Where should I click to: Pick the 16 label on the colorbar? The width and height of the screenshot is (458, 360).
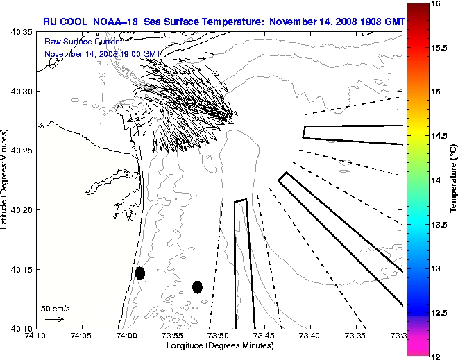pyautogui.click(x=437, y=4)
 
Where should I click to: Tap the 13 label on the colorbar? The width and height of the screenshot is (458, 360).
pyautogui.click(x=437, y=268)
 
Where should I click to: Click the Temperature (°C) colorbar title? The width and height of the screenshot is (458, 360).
pyautogui.click(x=452, y=180)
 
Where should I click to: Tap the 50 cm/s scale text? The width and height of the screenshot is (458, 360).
pyautogui.click(x=55, y=308)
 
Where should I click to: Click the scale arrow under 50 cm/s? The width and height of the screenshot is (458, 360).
pyautogui.click(x=55, y=319)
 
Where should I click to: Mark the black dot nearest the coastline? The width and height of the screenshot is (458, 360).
pyautogui.click(x=140, y=273)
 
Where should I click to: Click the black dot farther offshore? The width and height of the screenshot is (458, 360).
pyautogui.click(x=197, y=286)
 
